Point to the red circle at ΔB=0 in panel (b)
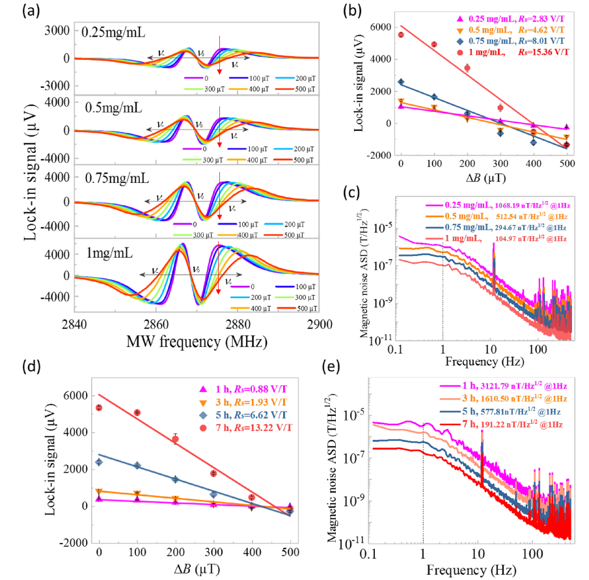click(401, 35)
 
